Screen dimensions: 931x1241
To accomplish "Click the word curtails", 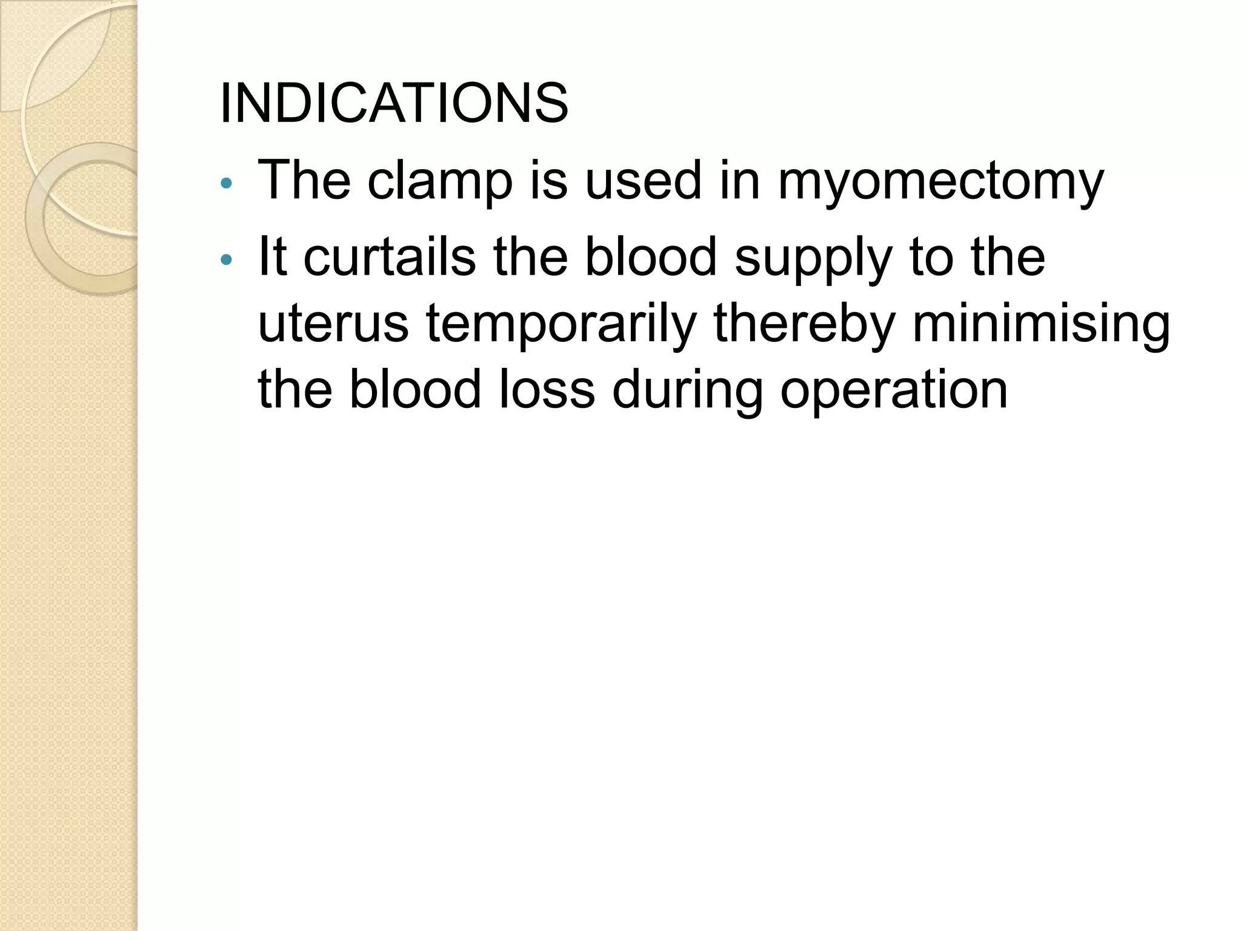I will click(x=389, y=257).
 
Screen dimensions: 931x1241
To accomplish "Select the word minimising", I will click(x=1041, y=325).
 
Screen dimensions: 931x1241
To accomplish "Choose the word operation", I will click(x=894, y=390).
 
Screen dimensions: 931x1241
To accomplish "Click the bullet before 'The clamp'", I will click(x=226, y=183).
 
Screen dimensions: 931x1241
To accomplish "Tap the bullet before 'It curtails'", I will click(x=226, y=260).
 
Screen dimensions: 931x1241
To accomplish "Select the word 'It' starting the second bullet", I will click(x=272, y=257).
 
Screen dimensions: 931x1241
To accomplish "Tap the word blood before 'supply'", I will click(x=651, y=257).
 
